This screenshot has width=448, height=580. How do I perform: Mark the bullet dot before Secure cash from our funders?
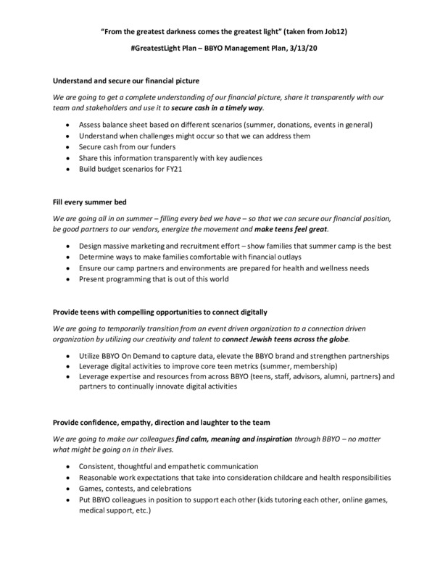click(68, 147)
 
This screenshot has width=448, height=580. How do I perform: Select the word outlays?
click(310, 257)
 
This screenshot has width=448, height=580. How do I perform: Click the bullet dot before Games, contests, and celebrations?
click(68, 489)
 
